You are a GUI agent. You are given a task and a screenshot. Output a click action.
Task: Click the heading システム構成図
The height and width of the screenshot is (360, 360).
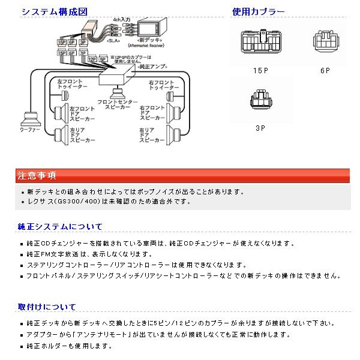(50, 11)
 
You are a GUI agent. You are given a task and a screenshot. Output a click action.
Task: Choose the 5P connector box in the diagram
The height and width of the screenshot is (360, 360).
(103, 60)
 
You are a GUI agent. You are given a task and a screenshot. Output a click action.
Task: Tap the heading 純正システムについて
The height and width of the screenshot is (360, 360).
(60, 226)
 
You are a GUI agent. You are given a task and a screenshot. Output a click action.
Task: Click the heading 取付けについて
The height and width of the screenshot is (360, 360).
(47, 307)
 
